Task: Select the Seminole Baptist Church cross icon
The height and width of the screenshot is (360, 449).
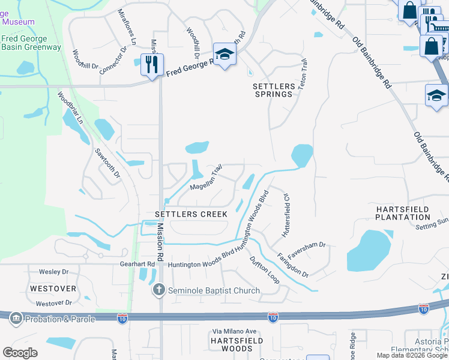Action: [x=158, y=290]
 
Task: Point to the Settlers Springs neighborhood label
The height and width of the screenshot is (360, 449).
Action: [x=274, y=90]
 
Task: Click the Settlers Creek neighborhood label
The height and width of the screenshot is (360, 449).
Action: [x=191, y=214]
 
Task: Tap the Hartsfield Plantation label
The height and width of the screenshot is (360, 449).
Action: [x=402, y=212]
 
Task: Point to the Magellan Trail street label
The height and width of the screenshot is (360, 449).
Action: [x=206, y=178]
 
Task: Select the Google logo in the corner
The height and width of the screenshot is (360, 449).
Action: [x=20, y=353]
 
